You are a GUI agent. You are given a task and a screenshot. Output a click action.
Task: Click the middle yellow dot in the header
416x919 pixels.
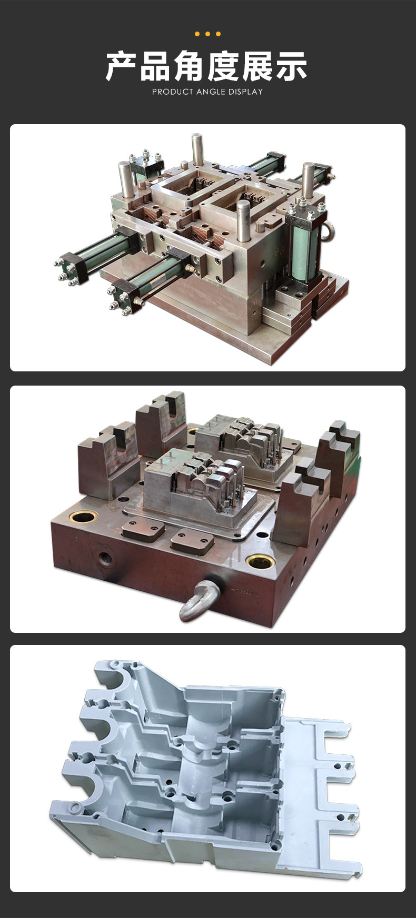click(x=207, y=34)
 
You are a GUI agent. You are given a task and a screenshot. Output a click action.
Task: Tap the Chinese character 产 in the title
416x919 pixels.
click(x=122, y=66)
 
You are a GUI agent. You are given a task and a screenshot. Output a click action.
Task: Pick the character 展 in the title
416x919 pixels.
click(x=257, y=66)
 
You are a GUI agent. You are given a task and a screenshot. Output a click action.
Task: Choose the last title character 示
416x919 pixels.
click(x=291, y=66)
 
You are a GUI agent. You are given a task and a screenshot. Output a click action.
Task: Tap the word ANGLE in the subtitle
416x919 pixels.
click(x=211, y=92)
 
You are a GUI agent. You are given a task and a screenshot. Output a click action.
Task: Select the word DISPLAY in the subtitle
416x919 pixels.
click(x=245, y=92)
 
